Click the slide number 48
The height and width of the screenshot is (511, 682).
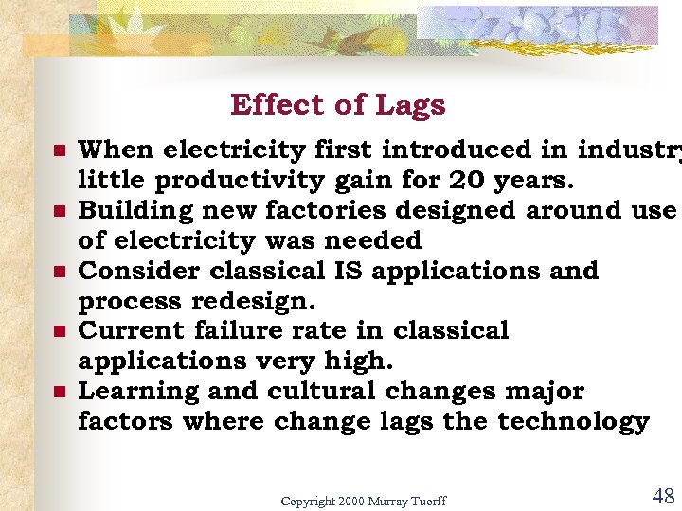pyautogui.click(x=663, y=496)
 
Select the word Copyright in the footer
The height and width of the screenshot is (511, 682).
pyautogui.click(x=309, y=501)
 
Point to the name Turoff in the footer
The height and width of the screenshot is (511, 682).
pyautogui.click(x=427, y=501)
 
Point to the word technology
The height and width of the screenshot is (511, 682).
pyautogui.click(x=576, y=422)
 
